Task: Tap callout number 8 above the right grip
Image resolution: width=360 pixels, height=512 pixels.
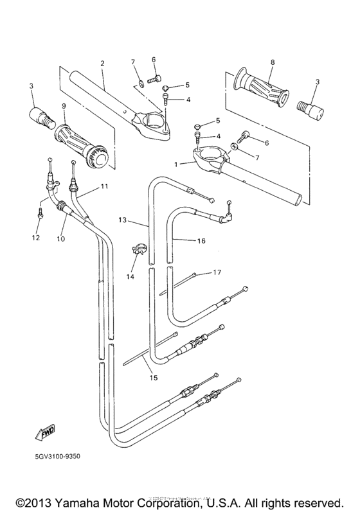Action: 272,62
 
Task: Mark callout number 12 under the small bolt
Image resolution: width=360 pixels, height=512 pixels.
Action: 36,238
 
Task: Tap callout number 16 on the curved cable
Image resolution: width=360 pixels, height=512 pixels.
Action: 201,241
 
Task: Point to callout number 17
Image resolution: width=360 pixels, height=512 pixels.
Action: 217,272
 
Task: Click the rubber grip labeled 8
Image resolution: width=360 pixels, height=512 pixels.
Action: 259,82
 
